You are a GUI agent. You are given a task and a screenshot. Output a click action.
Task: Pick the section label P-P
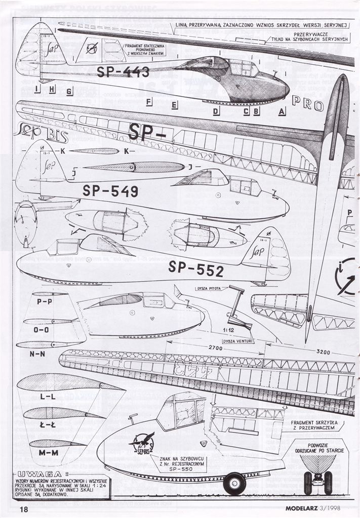45,301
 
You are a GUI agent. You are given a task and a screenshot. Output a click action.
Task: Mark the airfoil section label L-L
47,397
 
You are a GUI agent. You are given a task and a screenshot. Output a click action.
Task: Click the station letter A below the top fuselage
282,111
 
